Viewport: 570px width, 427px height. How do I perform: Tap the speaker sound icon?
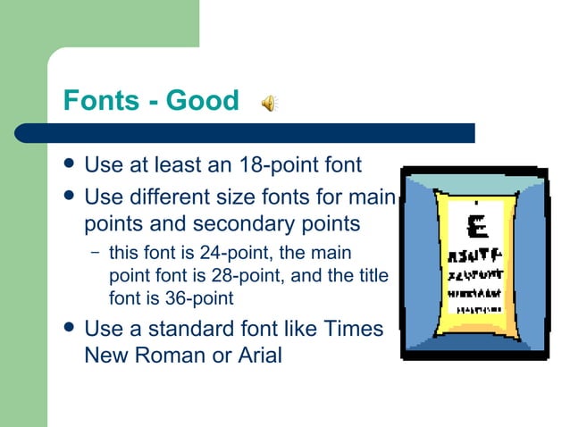pos(269,104)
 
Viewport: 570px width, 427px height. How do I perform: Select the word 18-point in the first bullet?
pos(281,166)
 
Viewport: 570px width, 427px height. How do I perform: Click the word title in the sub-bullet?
pos(373,276)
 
